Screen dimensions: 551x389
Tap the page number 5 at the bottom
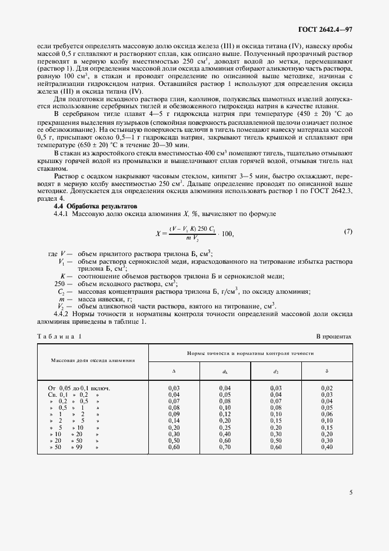(x=350, y=492)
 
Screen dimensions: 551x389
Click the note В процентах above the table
(x=334, y=336)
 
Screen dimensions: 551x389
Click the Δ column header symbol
(x=174, y=371)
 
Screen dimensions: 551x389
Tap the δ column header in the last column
(x=327, y=371)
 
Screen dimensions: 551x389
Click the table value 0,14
(x=174, y=421)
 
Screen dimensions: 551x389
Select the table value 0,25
(x=225, y=427)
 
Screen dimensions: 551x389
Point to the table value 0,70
(x=225, y=447)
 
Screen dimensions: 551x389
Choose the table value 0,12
(x=225, y=414)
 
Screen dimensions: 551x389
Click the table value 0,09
(x=174, y=414)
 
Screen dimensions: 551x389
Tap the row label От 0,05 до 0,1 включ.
(x=79, y=389)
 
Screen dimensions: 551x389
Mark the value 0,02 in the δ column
(x=327, y=389)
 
